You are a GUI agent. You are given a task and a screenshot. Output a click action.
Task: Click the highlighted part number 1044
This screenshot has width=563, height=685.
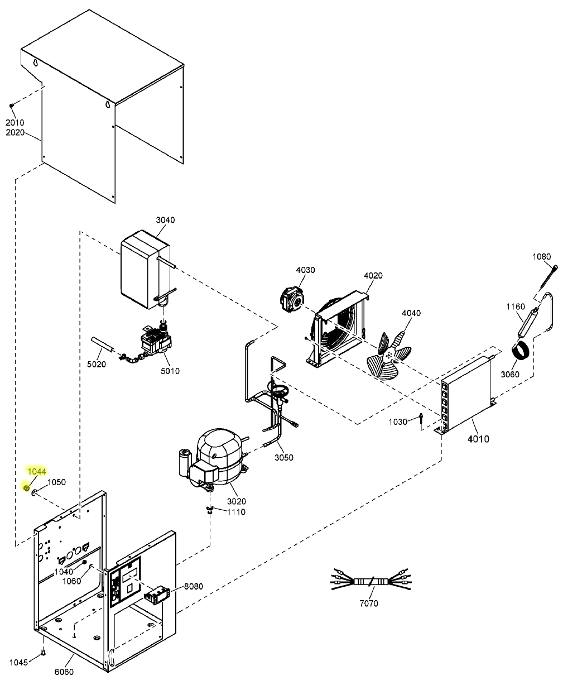37,472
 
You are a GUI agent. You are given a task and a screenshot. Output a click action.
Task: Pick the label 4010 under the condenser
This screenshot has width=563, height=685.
478,439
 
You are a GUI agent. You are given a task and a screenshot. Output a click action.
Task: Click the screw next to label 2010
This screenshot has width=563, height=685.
12,106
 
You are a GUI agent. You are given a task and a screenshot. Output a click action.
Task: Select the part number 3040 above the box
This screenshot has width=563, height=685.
165,220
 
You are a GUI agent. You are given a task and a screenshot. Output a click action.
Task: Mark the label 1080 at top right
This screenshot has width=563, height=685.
541,257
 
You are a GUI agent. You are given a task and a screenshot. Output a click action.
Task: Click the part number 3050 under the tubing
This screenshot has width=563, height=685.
283,457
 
